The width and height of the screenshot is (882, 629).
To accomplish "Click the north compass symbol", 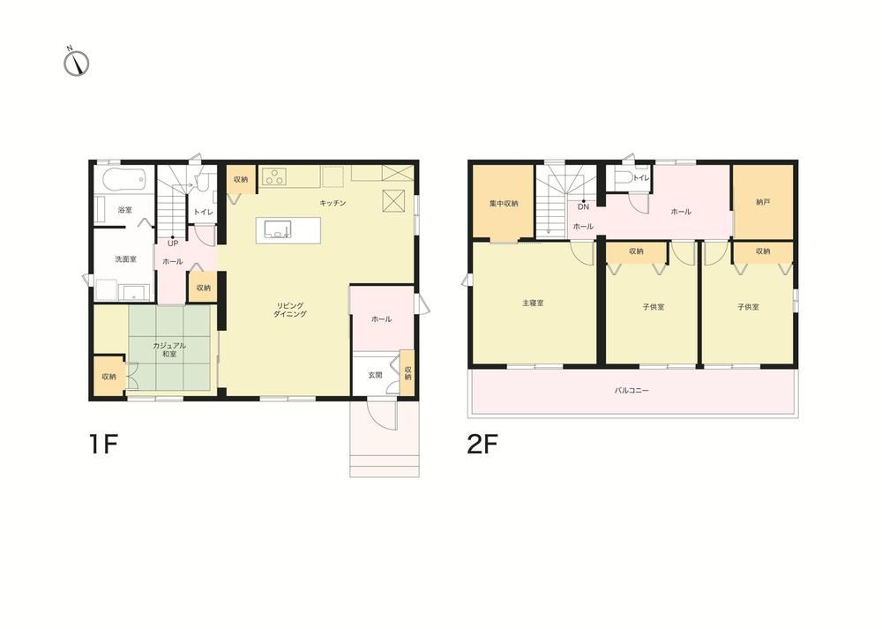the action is [x=77, y=63].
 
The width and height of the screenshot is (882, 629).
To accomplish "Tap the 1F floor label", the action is [x=102, y=445].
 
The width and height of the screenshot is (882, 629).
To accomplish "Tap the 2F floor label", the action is [x=482, y=445].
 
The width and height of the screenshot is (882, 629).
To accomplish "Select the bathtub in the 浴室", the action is [x=125, y=179].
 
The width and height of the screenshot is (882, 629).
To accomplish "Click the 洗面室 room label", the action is [x=125, y=259].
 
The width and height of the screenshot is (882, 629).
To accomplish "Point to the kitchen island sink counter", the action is [x=288, y=230].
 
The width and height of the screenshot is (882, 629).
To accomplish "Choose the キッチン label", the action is [x=333, y=203].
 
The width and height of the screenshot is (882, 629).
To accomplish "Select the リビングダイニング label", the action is [x=289, y=310].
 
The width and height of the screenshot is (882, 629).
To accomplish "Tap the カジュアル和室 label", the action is [x=169, y=350].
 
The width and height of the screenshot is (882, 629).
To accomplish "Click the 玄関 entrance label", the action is [x=375, y=375].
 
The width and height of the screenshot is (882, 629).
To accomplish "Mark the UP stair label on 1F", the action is [x=173, y=243].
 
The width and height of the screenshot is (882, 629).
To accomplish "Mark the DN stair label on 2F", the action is [x=583, y=207].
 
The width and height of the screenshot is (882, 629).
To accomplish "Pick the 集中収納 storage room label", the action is [x=504, y=204].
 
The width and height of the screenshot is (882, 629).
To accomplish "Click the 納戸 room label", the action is [x=763, y=202].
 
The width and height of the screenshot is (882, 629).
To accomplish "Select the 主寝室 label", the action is [x=533, y=303].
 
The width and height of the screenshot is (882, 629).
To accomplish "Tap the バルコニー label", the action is [x=632, y=389].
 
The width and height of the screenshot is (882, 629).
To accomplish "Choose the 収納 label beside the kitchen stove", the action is [x=240, y=179].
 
